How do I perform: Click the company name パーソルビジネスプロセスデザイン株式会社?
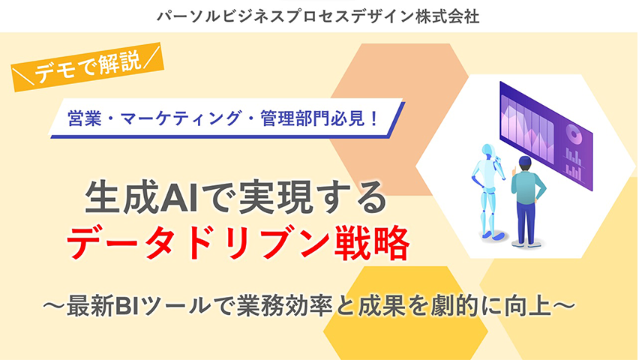point(318,16)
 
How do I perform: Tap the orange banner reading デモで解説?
point(87,67)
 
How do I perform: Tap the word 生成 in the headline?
point(122,199)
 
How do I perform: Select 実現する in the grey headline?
point(312,199)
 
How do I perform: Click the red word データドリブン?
point(198,243)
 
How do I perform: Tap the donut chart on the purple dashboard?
point(574,133)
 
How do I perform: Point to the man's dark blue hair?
point(524,162)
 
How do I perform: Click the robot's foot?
point(498,235)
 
